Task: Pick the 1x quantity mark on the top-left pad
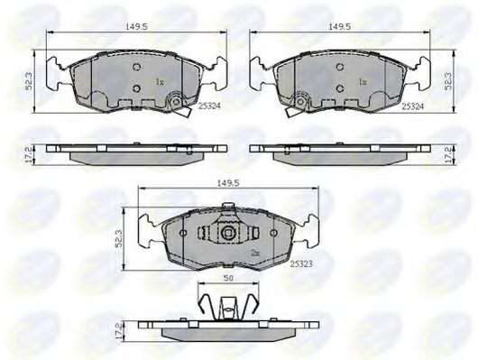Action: (x=160, y=82)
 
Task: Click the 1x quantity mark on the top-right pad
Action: (x=363, y=82)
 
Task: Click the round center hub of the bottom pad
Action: (x=229, y=235)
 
